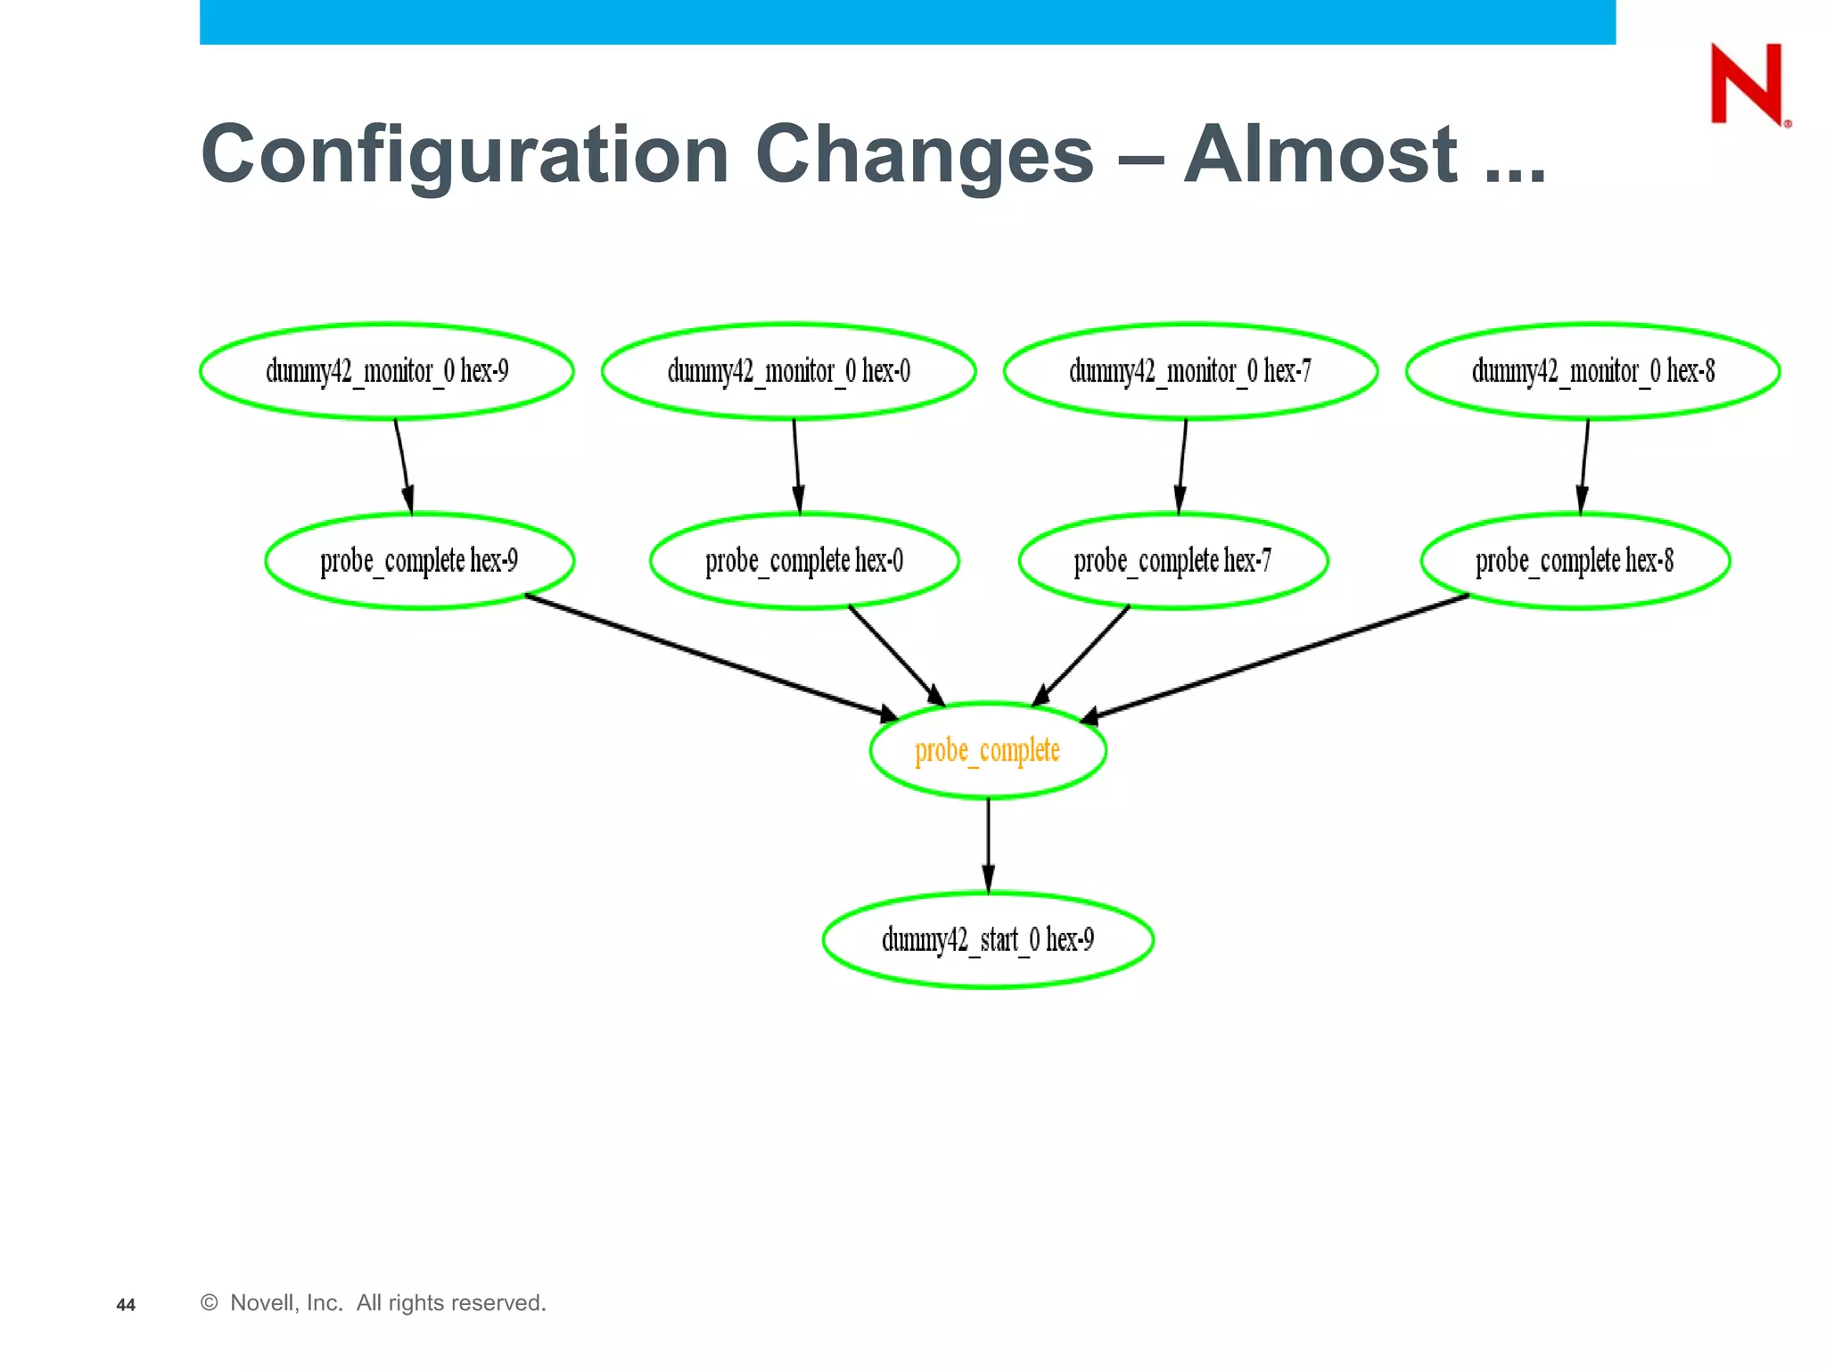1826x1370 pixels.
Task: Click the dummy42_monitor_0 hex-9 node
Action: (x=386, y=371)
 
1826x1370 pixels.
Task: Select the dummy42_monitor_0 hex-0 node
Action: (x=788, y=371)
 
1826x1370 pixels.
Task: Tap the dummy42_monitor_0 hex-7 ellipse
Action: (x=1190, y=371)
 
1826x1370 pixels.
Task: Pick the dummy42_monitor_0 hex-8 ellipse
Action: (x=1592, y=371)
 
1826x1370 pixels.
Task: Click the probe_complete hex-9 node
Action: (x=419, y=561)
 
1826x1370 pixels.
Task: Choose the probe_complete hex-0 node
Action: (x=804, y=561)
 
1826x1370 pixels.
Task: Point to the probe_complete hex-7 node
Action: (x=1172, y=561)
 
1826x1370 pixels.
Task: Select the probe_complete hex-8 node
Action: (x=1575, y=561)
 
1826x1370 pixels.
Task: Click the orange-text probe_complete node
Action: (x=988, y=751)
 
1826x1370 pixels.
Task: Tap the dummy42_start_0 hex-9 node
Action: (x=988, y=940)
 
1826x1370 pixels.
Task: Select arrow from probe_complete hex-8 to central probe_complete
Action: (x=1275, y=656)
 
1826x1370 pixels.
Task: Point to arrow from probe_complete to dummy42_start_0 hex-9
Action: (x=988, y=843)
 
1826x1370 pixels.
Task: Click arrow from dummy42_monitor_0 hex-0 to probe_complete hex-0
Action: (x=796, y=466)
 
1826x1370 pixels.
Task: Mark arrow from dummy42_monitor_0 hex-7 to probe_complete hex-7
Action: (x=1182, y=466)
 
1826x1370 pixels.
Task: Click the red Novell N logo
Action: (x=1747, y=84)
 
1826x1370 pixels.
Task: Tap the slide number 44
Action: (x=126, y=1305)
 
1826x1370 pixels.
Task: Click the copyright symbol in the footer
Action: (x=210, y=1302)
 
